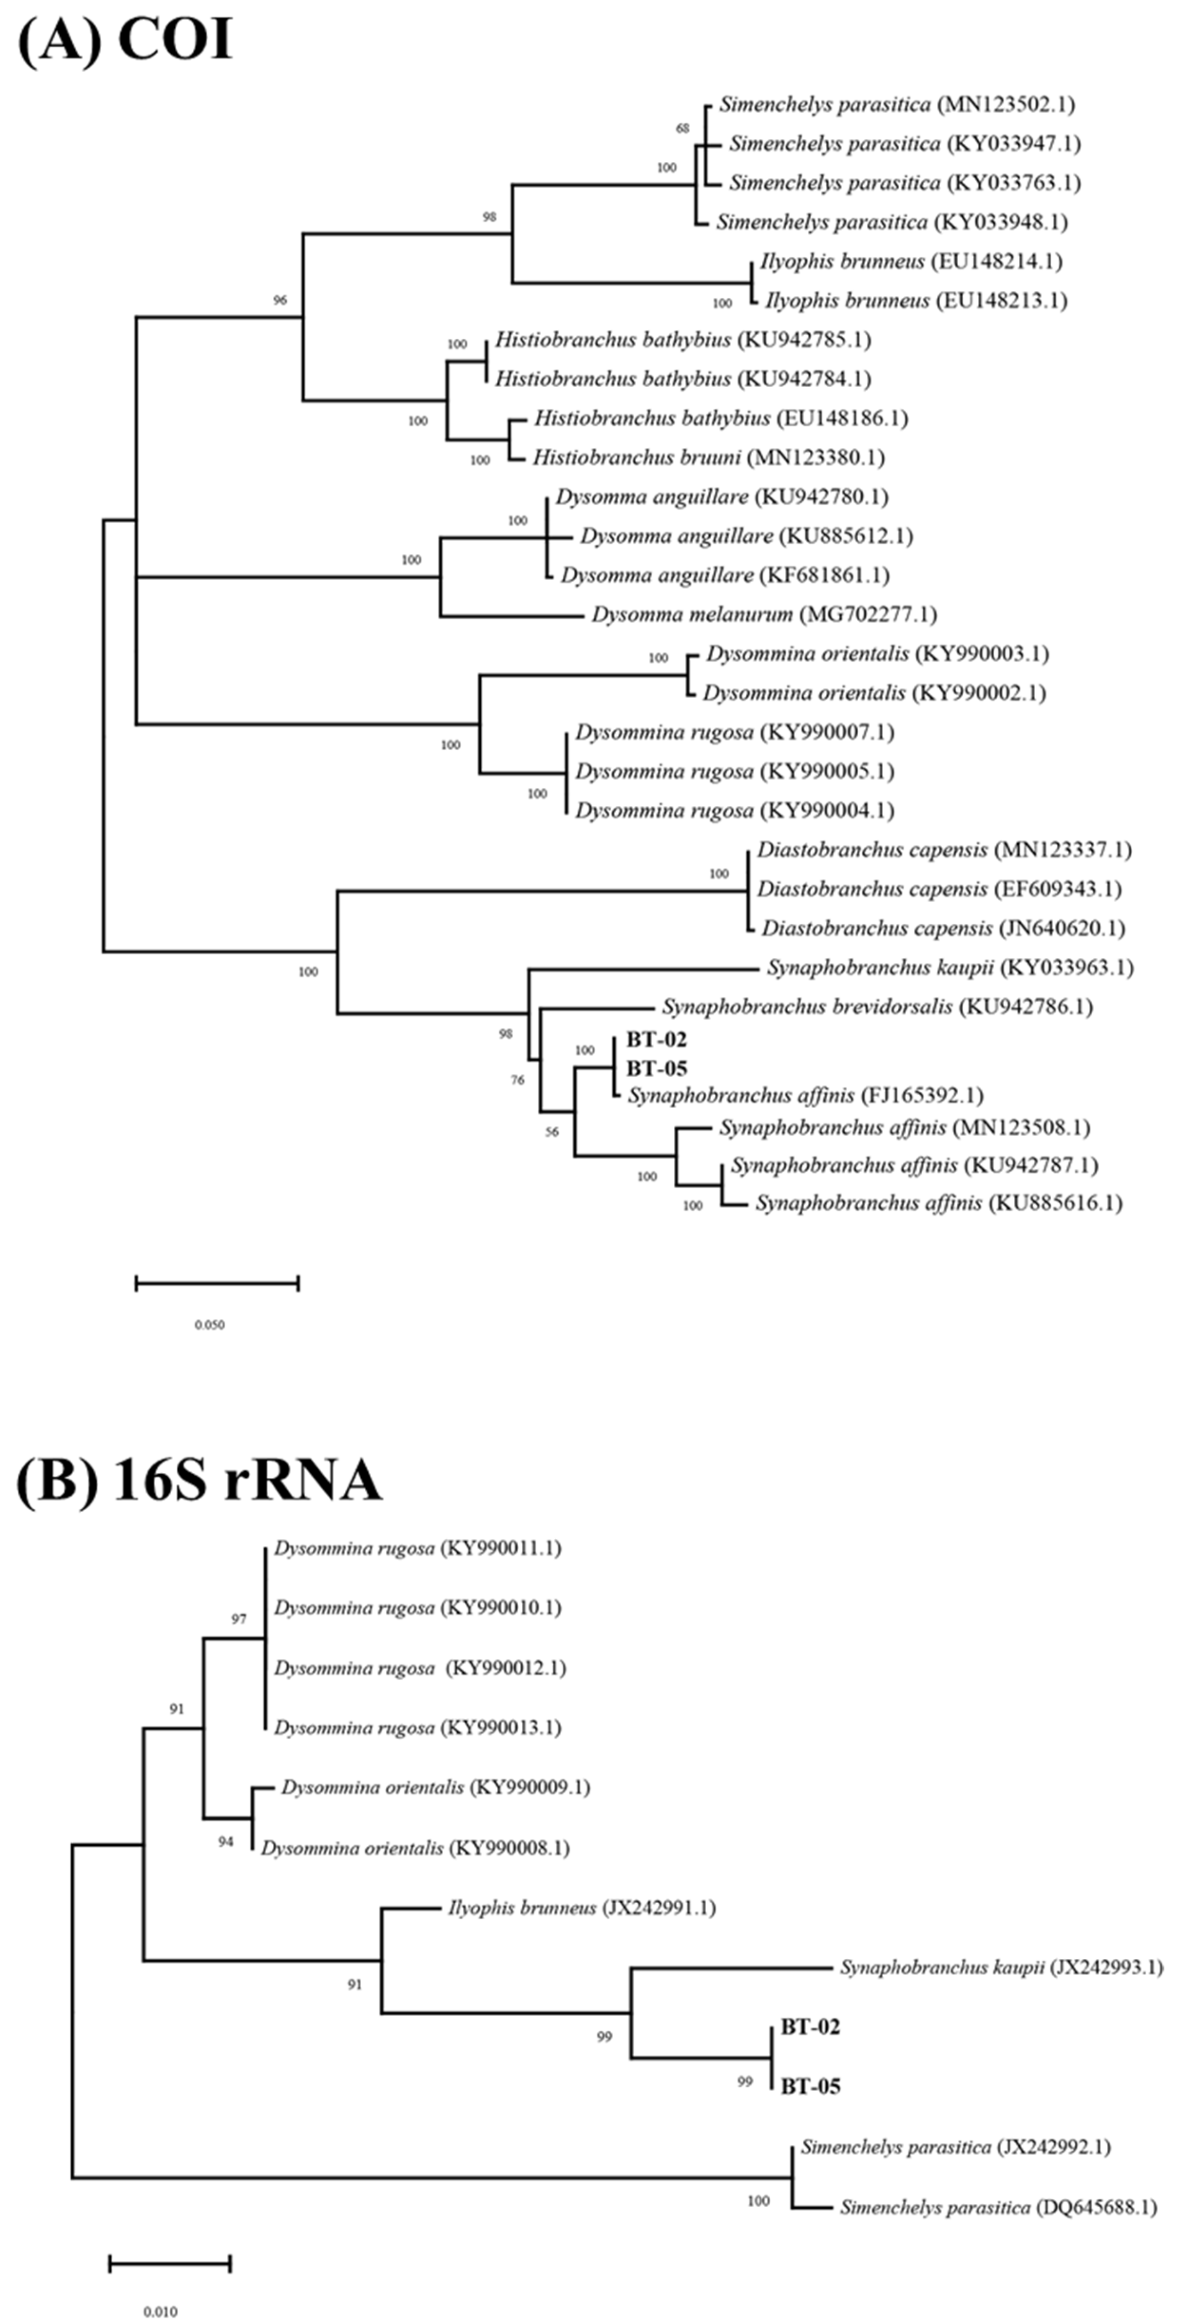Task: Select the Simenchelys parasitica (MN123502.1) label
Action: tap(896, 105)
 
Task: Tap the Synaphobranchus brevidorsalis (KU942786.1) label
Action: tap(876, 1007)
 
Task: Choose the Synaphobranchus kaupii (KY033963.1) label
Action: tap(950, 968)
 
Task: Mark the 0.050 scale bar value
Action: tap(210, 1325)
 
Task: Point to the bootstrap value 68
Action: tap(683, 129)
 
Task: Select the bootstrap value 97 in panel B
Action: tap(238, 1619)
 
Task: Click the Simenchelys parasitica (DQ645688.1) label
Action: tap(997, 2207)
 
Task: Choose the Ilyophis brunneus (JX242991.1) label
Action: tap(581, 1908)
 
